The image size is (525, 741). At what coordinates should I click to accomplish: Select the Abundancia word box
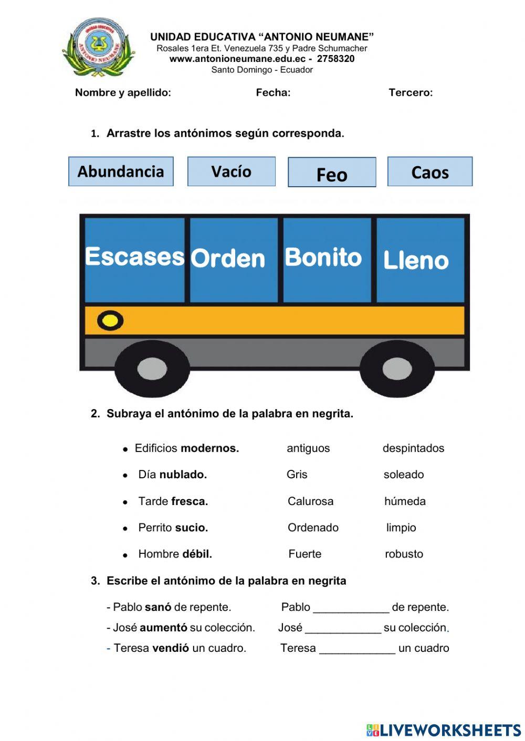tap(121, 171)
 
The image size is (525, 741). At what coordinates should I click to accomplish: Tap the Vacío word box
tap(232, 171)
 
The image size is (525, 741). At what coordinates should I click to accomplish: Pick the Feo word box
tap(332, 173)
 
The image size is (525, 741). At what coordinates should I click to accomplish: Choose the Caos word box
tap(430, 172)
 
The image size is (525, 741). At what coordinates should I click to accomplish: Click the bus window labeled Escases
tap(135, 260)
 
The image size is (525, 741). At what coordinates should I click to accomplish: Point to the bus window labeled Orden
tap(234, 260)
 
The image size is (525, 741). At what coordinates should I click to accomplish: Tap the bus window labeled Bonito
tap(327, 260)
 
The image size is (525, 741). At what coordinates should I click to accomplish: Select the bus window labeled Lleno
tap(420, 260)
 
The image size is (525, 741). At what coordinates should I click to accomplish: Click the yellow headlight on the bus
tap(110, 320)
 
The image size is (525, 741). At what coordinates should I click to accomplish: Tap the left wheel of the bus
tap(152, 369)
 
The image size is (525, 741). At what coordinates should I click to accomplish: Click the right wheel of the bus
tap(397, 369)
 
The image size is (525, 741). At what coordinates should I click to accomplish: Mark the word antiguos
tap(308, 448)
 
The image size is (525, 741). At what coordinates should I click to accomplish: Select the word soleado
tap(403, 475)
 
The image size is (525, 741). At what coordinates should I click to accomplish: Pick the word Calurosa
tap(310, 501)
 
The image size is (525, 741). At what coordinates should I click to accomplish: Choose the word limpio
tap(401, 528)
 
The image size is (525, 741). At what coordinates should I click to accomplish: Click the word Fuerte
tap(304, 554)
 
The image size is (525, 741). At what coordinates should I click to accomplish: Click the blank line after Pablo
tap(351, 608)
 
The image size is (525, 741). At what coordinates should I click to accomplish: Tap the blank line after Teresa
tap(357, 649)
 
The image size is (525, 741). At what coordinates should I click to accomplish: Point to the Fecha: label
tap(273, 93)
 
